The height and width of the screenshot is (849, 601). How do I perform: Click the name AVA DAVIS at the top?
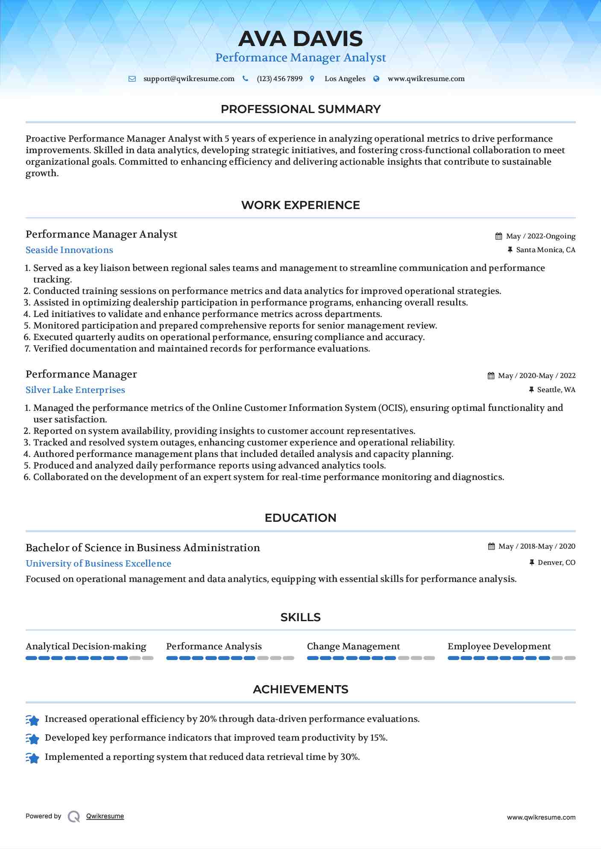point(300,39)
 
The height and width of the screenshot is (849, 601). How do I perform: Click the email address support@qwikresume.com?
point(189,79)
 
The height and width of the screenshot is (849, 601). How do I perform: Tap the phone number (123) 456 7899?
point(279,79)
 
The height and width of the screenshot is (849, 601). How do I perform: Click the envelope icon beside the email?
point(132,79)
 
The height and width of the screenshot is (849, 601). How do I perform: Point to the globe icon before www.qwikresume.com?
point(376,79)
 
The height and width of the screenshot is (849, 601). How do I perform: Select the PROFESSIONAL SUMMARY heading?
point(300,109)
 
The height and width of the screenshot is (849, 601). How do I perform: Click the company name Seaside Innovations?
point(69,250)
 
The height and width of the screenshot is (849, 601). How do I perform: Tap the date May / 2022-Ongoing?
point(540,236)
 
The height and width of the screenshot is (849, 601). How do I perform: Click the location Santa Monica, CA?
point(545,250)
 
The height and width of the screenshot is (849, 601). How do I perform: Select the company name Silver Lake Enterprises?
point(75,390)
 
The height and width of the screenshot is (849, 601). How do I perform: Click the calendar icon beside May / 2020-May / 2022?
point(491,376)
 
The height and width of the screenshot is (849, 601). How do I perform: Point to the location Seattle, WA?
point(556,390)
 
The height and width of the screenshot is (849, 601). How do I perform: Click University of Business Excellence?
point(98,564)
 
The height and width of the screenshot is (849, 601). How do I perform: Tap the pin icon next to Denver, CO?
point(532,563)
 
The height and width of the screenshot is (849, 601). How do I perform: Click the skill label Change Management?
point(353,646)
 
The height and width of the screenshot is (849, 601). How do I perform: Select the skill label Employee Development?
point(499,646)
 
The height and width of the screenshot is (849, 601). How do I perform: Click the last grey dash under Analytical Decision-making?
point(148,658)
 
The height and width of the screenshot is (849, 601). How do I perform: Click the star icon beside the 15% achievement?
point(32,739)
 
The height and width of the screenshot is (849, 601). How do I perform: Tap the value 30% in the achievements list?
point(349,757)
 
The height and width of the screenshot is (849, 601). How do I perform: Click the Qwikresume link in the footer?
point(105,816)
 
